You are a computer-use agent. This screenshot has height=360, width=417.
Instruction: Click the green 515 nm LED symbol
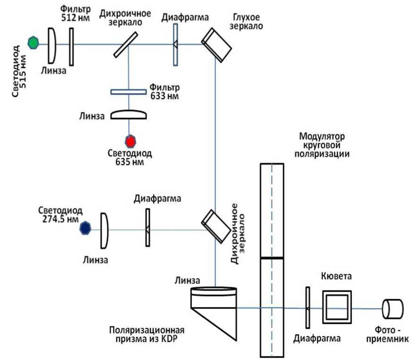tap(33, 43)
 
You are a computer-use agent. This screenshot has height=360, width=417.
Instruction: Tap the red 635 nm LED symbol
tap(130, 141)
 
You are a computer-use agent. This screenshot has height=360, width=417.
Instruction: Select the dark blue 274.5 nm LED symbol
tap(85, 228)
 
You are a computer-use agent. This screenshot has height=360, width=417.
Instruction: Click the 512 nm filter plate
tap(71, 46)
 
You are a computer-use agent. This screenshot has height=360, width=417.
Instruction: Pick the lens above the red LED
tap(129, 115)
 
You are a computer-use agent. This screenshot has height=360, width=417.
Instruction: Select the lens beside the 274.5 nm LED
tap(104, 230)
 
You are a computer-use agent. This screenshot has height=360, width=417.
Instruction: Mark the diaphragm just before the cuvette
tap(307, 308)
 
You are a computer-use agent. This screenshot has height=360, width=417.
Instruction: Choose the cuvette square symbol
tap(337, 307)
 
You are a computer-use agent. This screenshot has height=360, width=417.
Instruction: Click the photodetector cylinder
tap(393, 309)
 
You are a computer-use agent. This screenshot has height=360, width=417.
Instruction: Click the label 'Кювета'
tap(335, 275)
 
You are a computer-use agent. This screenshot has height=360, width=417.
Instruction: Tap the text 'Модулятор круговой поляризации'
tap(321, 145)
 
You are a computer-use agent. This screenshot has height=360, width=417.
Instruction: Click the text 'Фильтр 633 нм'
tap(164, 92)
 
